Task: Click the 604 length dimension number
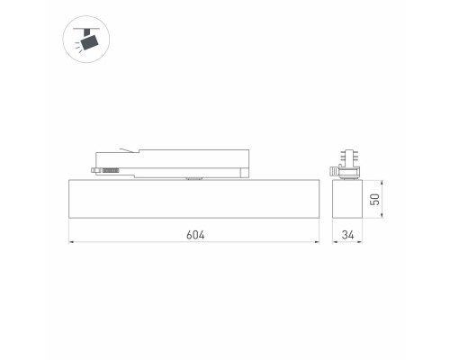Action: pyautogui.click(x=196, y=235)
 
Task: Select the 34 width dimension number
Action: pyautogui.click(x=348, y=235)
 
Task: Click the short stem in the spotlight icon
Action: pyautogui.click(x=85, y=31)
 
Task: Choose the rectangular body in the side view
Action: pyautogui.click(x=348, y=197)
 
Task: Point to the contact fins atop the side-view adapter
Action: pyautogui.click(x=347, y=154)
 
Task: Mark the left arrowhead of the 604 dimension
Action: pyautogui.click(x=71, y=242)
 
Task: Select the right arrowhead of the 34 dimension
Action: pyautogui.click(x=362, y=242)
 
